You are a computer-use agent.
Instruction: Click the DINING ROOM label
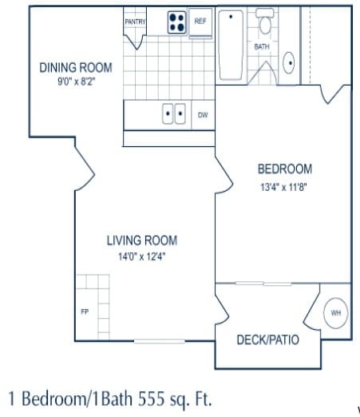point(76,68)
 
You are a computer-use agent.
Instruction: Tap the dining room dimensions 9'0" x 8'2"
point(76,81)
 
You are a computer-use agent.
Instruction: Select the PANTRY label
point(135,22)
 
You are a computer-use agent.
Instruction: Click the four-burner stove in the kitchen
point(176,22)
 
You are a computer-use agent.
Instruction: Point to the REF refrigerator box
point(200,22)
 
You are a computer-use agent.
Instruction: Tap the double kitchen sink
point(175,114)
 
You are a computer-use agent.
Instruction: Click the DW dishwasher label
point(203,115)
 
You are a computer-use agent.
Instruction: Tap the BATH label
point(262,47)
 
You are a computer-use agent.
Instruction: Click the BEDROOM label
point(284,169)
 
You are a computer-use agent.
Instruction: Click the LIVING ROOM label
point(142,240)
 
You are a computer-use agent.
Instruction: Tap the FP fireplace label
point(85,312)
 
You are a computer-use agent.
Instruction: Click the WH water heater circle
point(334,313)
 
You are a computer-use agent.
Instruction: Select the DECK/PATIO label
point(268,340)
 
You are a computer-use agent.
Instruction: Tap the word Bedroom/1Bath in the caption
point(71,398)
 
